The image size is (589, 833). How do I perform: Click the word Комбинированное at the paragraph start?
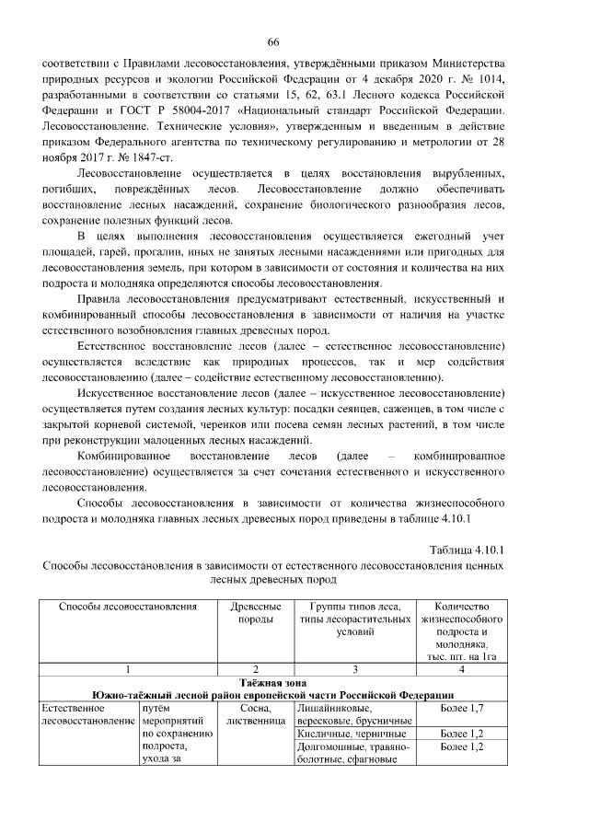coord(123,457)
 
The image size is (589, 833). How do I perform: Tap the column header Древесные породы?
coord(257,614)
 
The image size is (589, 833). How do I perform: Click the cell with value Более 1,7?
coord(461,709)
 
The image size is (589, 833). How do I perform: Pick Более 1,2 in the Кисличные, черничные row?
coord(461,734)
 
